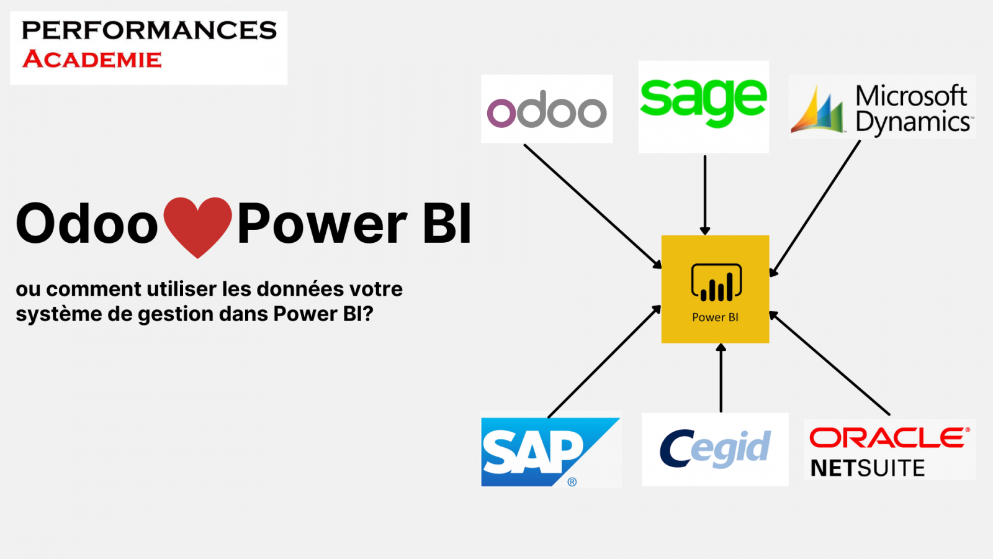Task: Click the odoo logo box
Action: coord(547,109)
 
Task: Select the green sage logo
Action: coord(703,106)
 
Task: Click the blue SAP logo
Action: coord(550,452)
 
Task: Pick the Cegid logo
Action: coord(714,449)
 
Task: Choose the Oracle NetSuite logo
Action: coord(889,449)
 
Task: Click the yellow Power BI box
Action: coord(715,289)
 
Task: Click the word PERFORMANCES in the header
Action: coord(149,30)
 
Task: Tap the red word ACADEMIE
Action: coord(92,60)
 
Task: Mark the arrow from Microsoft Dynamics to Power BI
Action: coord(815,209)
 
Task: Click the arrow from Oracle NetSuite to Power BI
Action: coord(830,364)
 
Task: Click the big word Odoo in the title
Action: coord(87,224)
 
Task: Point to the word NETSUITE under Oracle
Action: coord(868,468)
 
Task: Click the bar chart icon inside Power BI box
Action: coord(716,283)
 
